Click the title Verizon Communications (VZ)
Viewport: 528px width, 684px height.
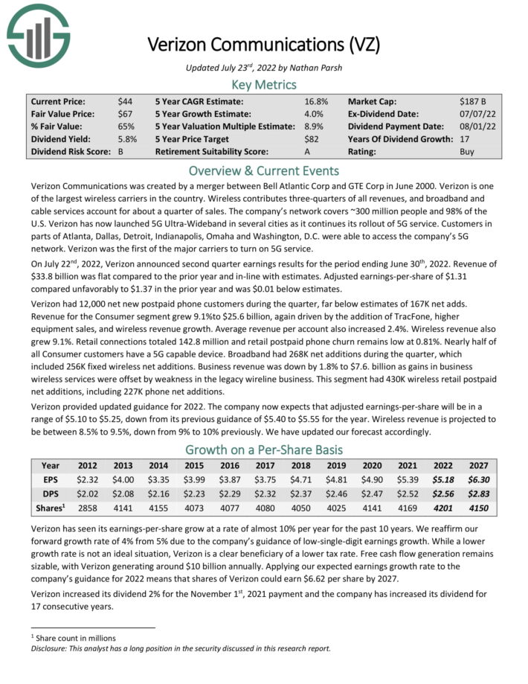pos(264,44)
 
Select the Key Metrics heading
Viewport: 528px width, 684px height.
pos(264,84)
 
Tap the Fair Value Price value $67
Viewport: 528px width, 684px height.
pos(125,113)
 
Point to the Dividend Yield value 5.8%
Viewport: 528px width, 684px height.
pos(128,138)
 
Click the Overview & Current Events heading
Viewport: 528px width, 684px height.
pos(264,170)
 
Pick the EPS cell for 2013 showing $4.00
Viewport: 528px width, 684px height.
pos(123,480)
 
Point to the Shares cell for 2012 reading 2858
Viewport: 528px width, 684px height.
pos(88,509)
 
